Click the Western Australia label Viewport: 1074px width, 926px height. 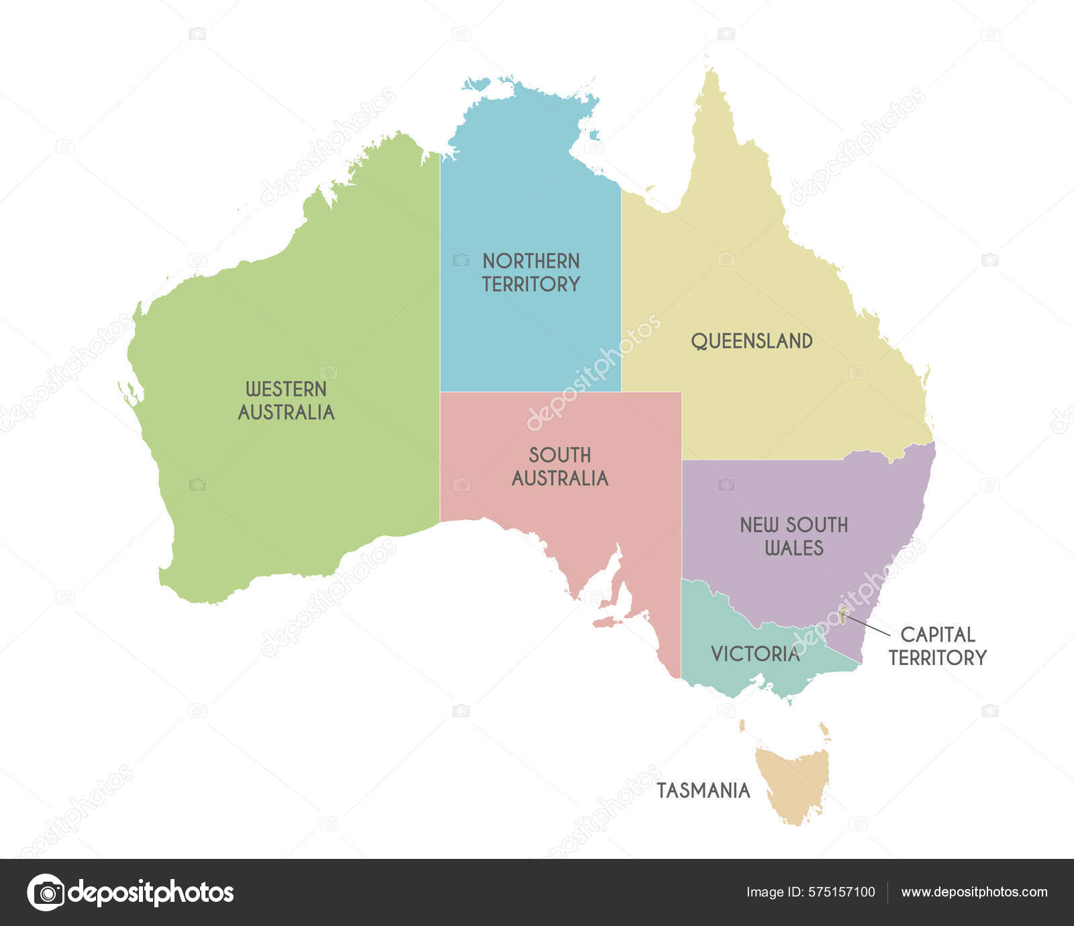click(286, 401)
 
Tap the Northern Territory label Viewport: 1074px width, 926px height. click(531, 272)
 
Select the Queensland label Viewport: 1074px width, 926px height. click(752, 341)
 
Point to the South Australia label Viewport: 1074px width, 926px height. click(560, 466)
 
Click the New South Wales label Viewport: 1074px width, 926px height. click(794, 536)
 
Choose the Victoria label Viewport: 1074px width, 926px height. click(755, 654)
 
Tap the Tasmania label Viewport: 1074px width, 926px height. click(703, 790)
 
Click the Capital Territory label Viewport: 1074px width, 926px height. click(938, 646)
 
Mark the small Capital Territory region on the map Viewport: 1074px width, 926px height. click(842, 615)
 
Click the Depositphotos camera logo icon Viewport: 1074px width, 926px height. click(46, 892)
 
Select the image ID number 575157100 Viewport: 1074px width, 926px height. click(842, 892)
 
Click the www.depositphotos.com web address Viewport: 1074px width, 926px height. click(974, 892)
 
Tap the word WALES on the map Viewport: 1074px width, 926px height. click(794, 548)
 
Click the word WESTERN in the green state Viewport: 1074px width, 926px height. click(286, 389)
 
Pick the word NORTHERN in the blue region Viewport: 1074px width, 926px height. click(531, 261)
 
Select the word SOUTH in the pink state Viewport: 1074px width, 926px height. click(560, 455)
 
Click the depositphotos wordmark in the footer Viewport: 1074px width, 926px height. click(151, 892)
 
